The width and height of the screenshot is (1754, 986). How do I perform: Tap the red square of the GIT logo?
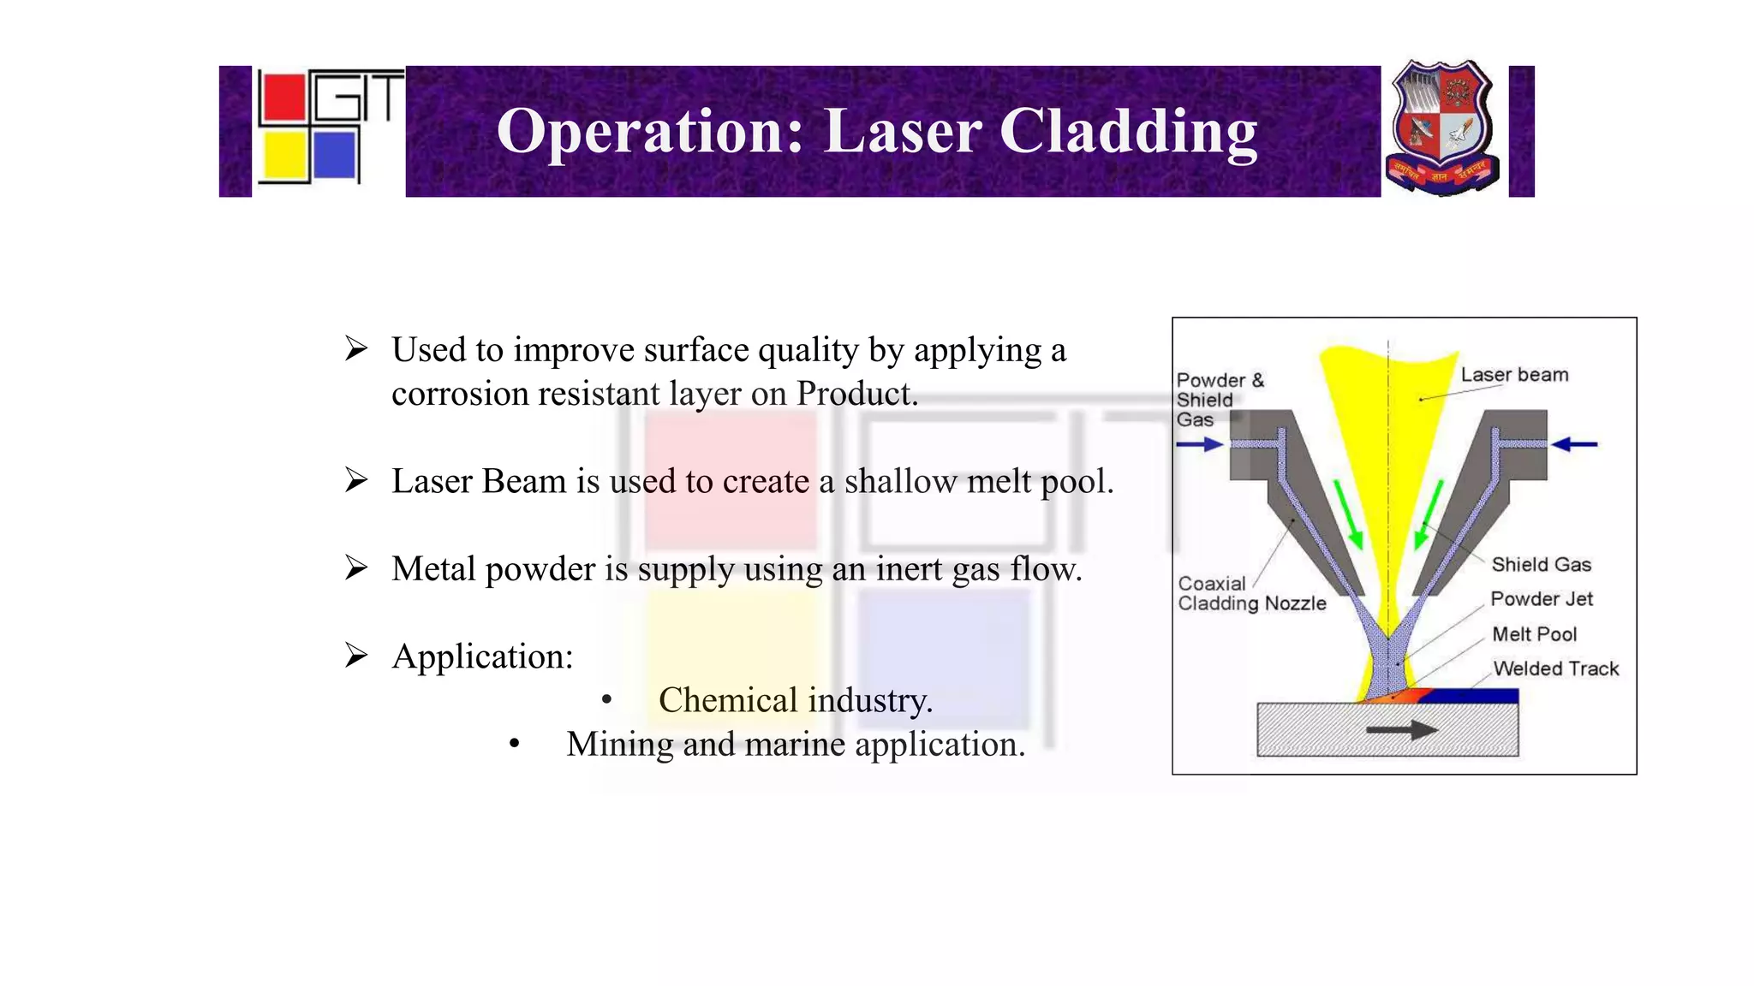[x=283, y=98]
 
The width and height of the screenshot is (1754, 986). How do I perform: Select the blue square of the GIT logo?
[x=334, y=155]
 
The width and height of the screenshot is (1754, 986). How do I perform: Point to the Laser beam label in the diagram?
[x=1514, y=375]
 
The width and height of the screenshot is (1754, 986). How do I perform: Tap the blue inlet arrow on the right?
[x=1574, y=444]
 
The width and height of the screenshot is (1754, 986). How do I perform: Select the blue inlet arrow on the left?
[x=1199, y=444]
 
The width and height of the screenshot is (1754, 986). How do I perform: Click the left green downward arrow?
[x=1347, y=514]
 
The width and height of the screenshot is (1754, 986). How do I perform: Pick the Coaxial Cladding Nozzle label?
[x=1250, y=594]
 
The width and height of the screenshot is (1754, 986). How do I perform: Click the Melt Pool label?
[x=1534, y=634]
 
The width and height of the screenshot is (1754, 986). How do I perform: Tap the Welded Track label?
[x=1555, y=668]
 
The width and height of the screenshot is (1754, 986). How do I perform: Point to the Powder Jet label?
[x=1541, y=599]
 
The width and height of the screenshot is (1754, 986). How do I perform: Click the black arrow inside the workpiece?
[x=1401, y=730]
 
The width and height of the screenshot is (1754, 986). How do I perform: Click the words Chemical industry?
[x=795, y=701]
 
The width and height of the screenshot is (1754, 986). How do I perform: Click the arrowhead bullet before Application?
[x=356, y=656]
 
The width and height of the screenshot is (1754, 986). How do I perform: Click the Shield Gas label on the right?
[x=1541, y=565]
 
